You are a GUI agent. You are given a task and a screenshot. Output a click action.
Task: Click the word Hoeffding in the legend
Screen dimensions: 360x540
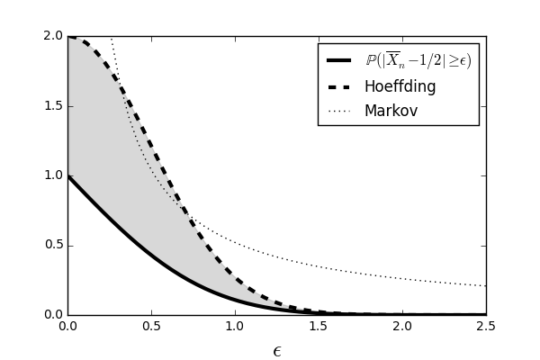point(400,86)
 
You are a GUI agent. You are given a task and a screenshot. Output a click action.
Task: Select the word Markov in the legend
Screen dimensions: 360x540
point(391,111)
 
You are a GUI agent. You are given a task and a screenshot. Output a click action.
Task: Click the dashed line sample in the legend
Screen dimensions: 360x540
point(339,87)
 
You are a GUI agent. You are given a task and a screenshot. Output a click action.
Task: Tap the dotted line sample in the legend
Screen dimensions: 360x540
point(339,112)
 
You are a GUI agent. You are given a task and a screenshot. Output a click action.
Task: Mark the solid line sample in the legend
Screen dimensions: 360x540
point(339,61)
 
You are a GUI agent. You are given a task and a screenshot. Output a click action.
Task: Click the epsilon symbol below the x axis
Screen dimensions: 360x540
point(277,351)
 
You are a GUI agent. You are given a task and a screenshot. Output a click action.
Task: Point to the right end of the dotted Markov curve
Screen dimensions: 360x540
point(485,285)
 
